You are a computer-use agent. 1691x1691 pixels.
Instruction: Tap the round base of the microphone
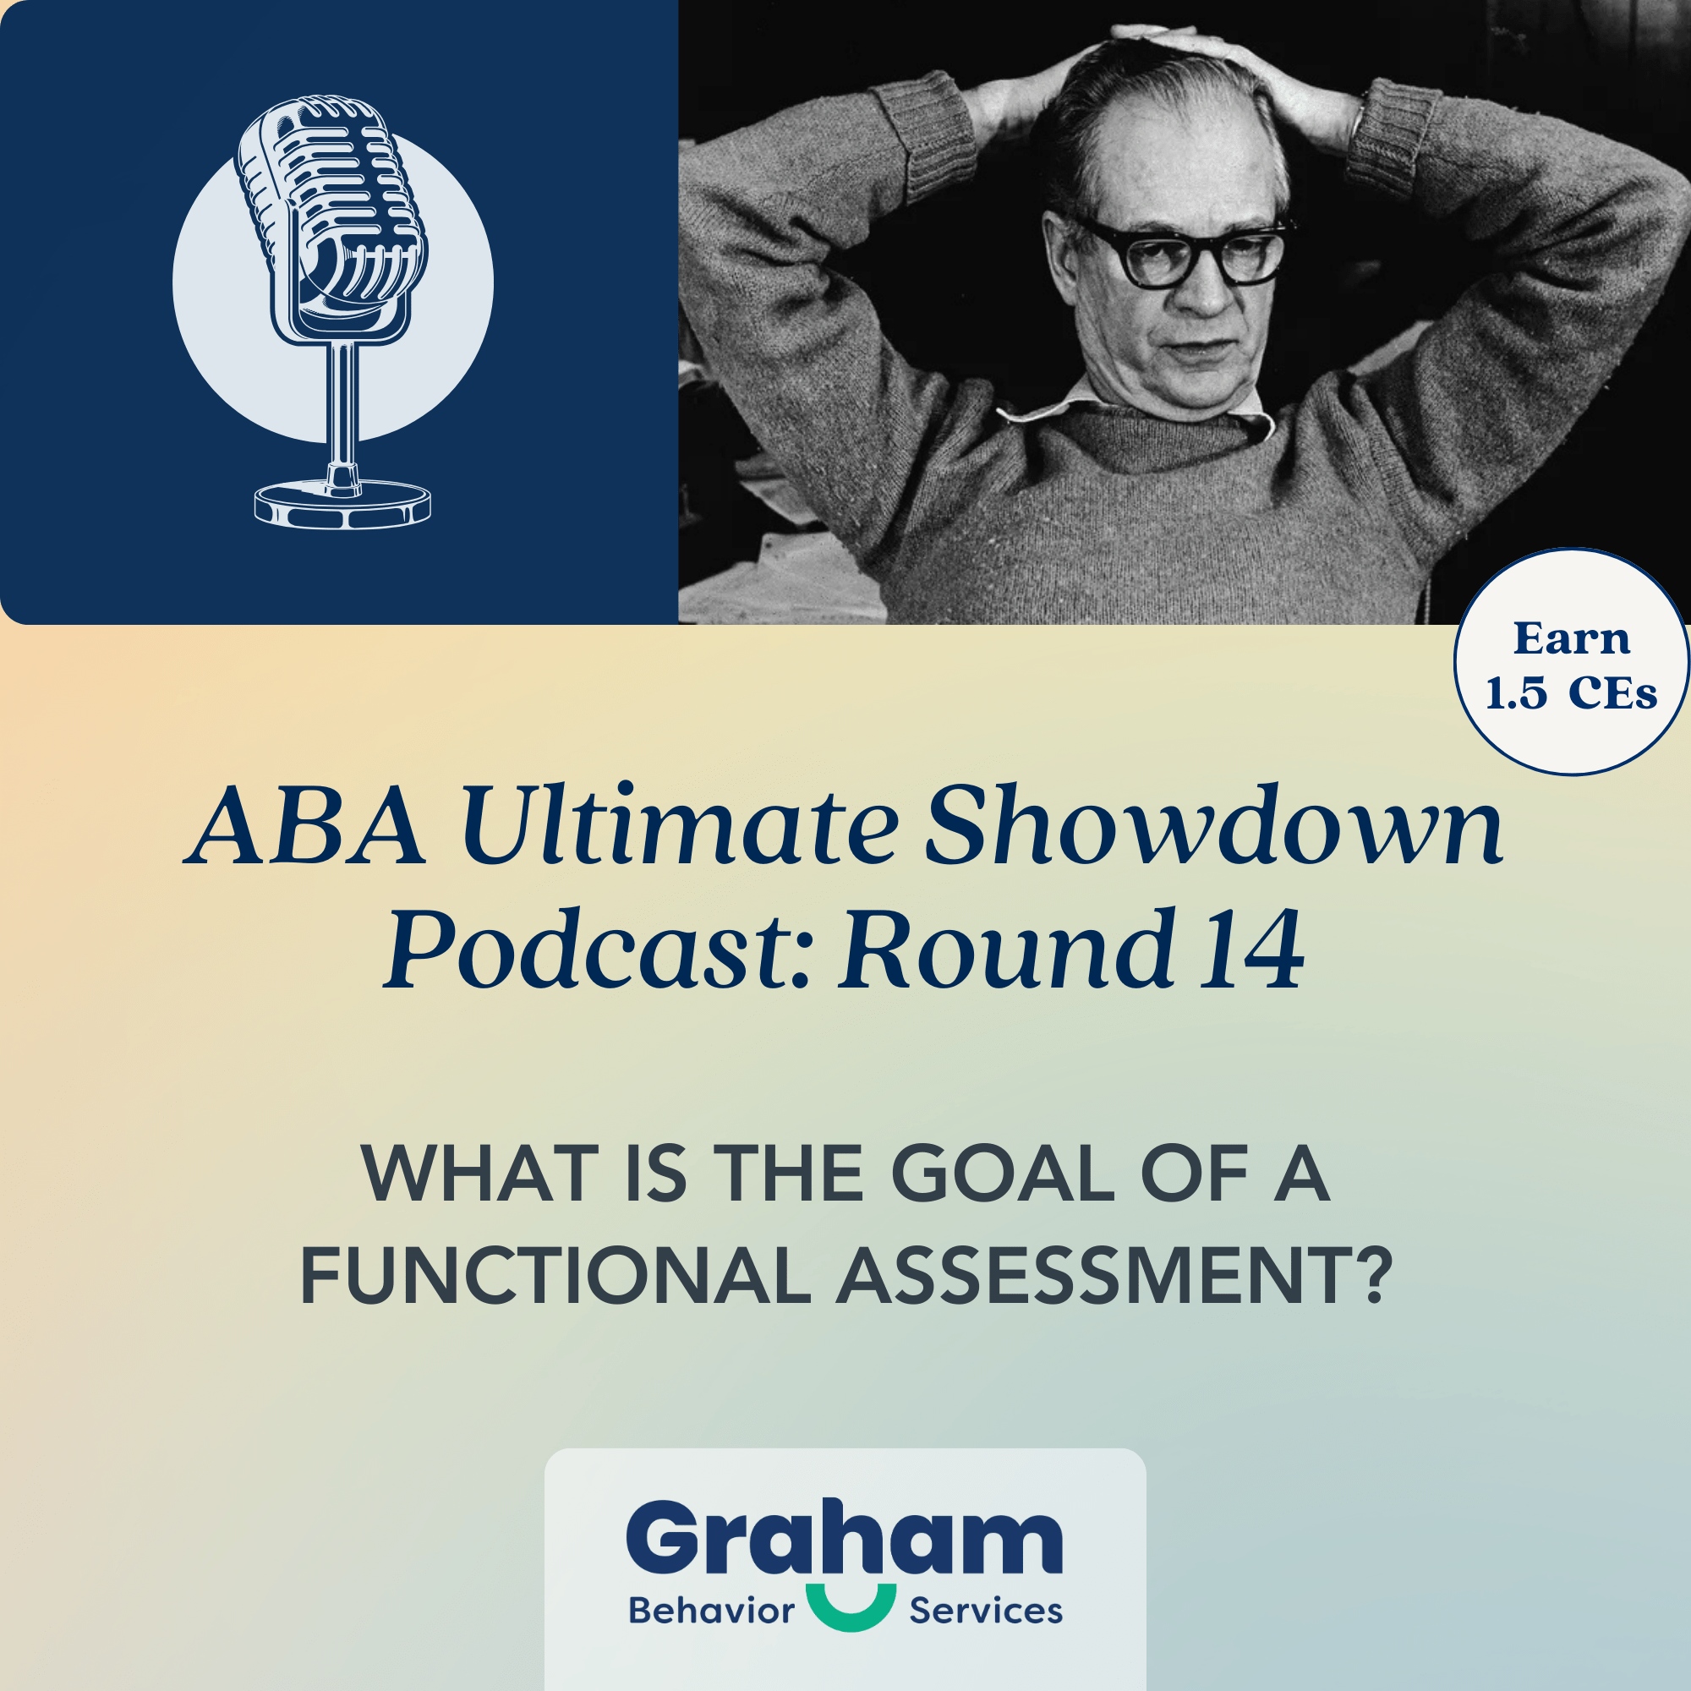pos(342,505)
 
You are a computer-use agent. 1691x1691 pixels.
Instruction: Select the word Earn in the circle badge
pos(1572,639)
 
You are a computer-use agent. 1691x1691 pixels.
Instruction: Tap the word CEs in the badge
pos(1612,693)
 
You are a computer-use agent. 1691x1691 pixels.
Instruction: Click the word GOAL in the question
pos(1006,1174)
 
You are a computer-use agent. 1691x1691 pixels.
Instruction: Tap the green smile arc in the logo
pos(851,1608)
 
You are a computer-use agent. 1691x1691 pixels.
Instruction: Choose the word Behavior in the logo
pos(712,1612)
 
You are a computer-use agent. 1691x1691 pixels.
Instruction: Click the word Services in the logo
pos(986,1612)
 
